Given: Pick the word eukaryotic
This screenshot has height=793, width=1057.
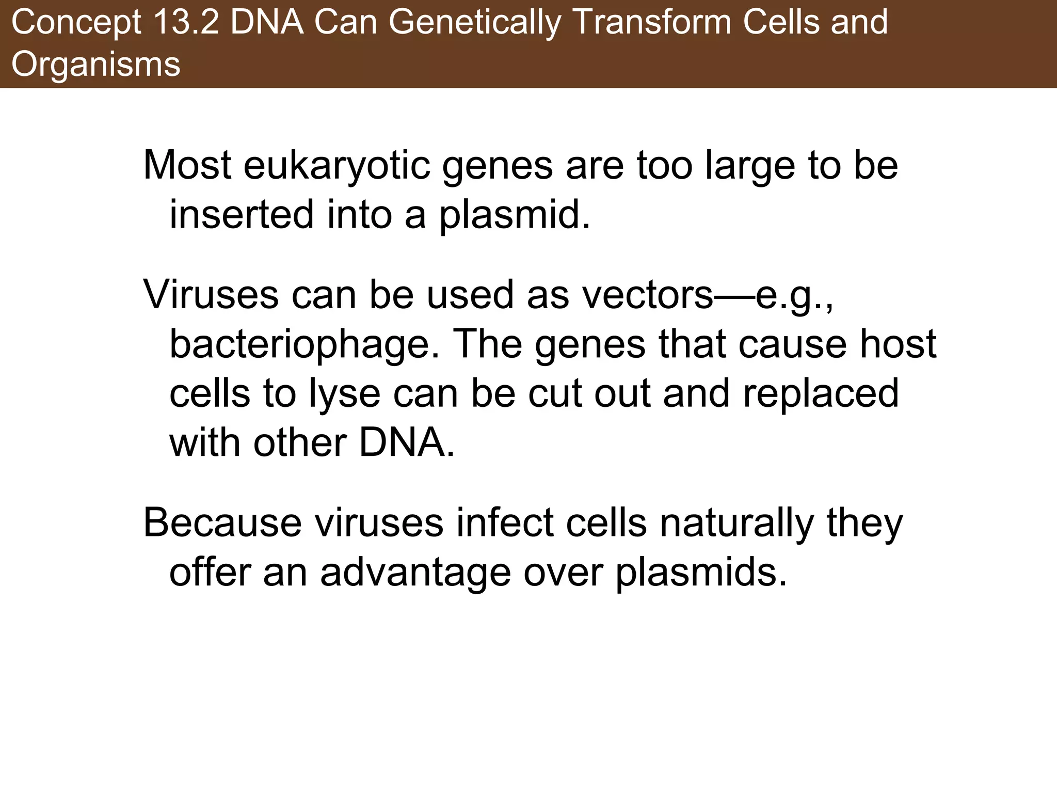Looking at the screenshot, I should [337, 166].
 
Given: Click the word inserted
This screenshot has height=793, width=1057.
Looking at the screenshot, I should [242, 215].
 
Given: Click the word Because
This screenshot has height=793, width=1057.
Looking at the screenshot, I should [222, 524].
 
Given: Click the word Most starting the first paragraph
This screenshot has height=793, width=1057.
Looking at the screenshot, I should [187, 166].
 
